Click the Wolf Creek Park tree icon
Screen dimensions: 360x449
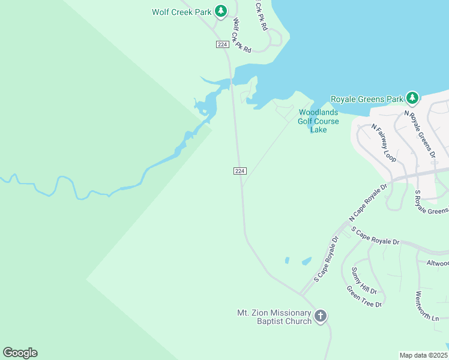click(x=221, y=11)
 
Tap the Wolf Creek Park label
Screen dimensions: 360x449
click(x=181, y=11)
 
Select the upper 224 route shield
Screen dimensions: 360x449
click(x=223, y=45)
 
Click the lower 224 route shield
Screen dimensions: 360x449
click(x=240, y=171)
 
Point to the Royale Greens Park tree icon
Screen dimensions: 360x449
click(x=412, y=98)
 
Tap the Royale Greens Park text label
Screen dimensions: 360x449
click(x=367, y=99)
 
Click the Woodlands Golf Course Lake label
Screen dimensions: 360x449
click(x=318, y=121)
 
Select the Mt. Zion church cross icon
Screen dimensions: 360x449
click(x=321, y=316)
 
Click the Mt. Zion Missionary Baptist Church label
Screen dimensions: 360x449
click(x=275, y=317)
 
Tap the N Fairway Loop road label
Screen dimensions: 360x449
click(x=384, y=143)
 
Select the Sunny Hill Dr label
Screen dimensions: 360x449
click(x=363, y=281)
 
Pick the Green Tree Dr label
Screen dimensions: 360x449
click(x=364, y=296)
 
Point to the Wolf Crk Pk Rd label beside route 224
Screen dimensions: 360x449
click(x=241, y=35)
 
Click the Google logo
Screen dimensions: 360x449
click(x=20, y=353)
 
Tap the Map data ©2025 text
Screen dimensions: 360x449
click(x=423, y=355)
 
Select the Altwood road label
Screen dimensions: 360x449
click(x=436, y=263)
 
